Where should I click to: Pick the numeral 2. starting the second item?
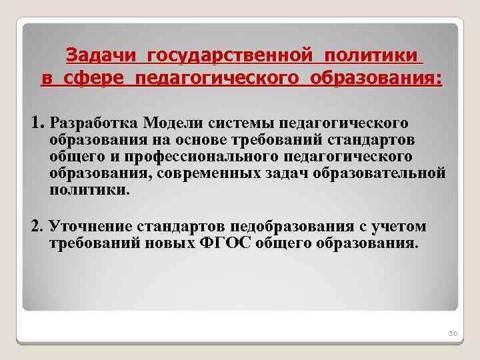37,226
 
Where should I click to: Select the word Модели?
175,123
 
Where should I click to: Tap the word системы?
241,123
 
